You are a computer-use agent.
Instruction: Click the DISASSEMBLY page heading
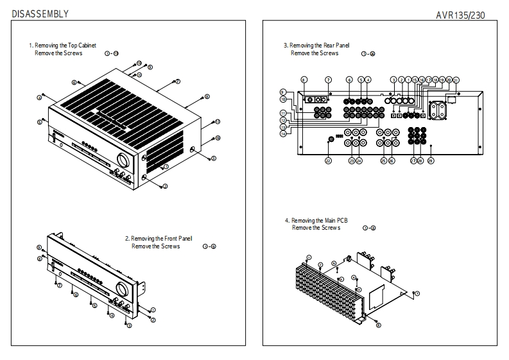coord(40,13)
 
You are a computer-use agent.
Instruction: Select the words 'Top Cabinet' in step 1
coord(80,46)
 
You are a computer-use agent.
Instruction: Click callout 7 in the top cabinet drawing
coord(178,81)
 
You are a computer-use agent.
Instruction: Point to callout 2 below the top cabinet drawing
coord(165,187)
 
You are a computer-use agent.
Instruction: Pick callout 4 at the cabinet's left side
coord(40,98)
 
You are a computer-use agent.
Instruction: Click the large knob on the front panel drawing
coord(121,287)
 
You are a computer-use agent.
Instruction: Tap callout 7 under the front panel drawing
coord(59,285)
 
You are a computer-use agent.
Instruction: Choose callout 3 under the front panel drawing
coord(129,326)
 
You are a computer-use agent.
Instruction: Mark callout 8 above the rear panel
coord(304,80)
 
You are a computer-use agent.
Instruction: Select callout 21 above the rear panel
coord(456,80)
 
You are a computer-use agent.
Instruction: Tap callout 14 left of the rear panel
coord(282,133)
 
